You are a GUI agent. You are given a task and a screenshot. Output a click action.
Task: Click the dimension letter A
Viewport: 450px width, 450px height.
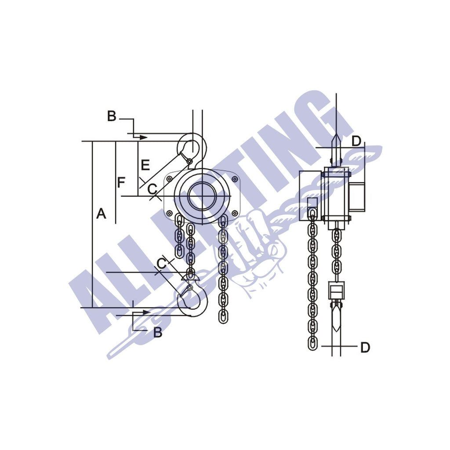click(x=101, y=214)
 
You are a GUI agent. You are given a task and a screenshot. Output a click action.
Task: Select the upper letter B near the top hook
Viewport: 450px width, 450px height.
click(x=112, y=116)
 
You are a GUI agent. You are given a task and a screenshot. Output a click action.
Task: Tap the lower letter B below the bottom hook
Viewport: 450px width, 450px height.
click(x=157, y=333)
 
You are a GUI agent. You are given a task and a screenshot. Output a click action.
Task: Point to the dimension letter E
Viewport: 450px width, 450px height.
click(x=145, y=165)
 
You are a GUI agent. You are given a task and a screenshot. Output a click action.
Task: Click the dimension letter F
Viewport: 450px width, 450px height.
click(x=121, y=182)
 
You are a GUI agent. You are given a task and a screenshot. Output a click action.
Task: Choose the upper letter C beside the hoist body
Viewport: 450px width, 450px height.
click(x=152, y=189)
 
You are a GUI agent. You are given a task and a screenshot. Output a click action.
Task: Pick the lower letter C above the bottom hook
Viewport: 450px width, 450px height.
click(x=162, y=263)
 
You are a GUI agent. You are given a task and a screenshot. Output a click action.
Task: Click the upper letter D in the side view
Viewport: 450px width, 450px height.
click(x=356, y=141)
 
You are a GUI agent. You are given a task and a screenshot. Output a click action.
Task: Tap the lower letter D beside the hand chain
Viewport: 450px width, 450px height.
click(x=365, y=347)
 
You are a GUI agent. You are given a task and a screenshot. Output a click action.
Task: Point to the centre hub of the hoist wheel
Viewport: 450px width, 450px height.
click(x=203, y=196)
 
